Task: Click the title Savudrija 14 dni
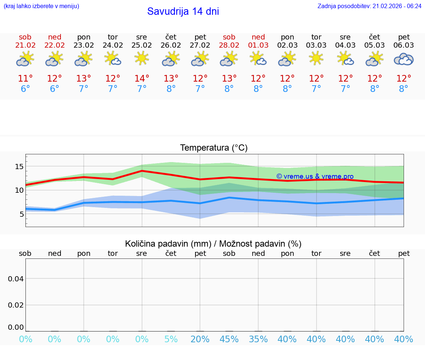(183, 11)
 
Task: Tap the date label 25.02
(142, 45)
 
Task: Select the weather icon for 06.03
(404, 59)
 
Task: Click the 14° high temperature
(142, 79)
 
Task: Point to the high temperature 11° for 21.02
(25, 79)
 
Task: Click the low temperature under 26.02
(171, 89)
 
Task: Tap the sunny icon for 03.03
(316, 58)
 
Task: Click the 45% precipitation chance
(229, 339)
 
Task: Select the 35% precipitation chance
(258, 339)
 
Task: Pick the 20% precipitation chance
(200, 339)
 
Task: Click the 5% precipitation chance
(171, 339)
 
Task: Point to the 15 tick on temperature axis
(19, 167)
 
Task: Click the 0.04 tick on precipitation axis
(16, 279)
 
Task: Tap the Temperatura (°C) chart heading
(214, 148)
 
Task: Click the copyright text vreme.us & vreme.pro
(315, 176)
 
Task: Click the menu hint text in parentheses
(41, 6)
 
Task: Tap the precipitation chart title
(213, 244)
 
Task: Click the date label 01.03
(258, 45)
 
